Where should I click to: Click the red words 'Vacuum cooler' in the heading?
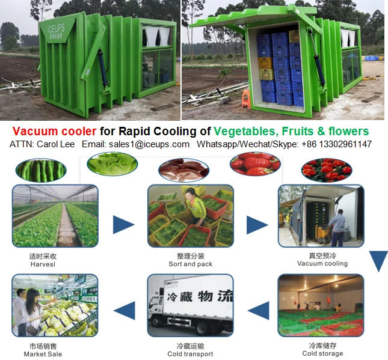49,131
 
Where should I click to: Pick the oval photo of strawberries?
255,163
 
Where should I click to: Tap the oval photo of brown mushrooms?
183,169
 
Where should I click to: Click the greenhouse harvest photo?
55,216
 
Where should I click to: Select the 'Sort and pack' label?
190,264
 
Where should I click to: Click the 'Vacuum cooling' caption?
322,263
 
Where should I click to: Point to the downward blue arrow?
378,260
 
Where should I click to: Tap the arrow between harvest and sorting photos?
123,224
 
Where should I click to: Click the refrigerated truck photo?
191,305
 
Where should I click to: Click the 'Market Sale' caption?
43,354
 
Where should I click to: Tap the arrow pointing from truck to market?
124,311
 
